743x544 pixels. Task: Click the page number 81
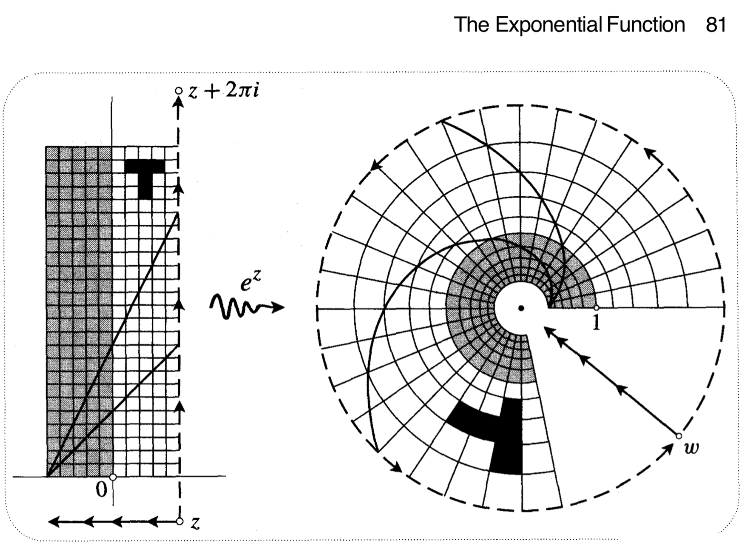pyautogui.click(x=716, y=24)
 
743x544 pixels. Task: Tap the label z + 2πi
pyautogui.click(x=223, y=91)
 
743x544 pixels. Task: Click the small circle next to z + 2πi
pyautogui.click(x=178, y=90)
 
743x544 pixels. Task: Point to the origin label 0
pyautogui.click(x=101, y=490)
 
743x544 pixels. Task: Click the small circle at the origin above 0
pyautogui.click(x=113, y=476)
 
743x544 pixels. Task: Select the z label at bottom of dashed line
pyautogui.click(x=194, y=523)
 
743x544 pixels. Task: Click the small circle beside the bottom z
pyautogui.click(x=179, y=522)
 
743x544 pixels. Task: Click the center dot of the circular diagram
pyautogui.click(x=521, y=308)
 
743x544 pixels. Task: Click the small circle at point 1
pyautogui.click(x=596, y=308)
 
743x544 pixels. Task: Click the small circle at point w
pyautogui.click(x=678, y=435)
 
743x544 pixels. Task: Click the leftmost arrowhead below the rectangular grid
pyautogui.click(x=55, y=522)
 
